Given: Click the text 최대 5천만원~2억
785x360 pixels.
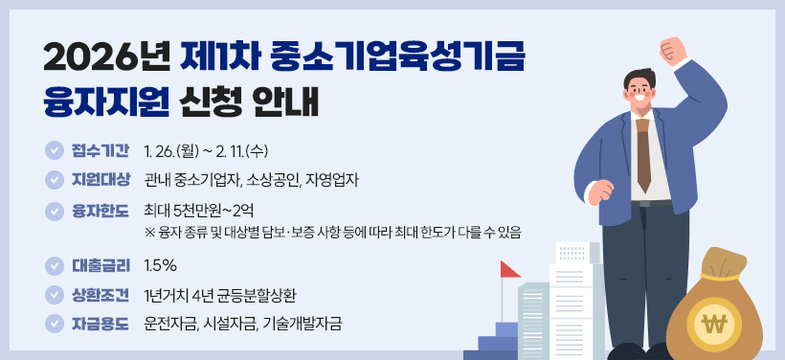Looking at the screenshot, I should point(199,210).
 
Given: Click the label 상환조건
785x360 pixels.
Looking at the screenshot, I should point(101,294).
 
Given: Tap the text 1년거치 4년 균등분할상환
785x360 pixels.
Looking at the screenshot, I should point(226,294).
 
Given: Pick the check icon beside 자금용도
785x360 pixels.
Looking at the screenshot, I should point(54,323).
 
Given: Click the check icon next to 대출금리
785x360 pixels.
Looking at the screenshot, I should point(54,265).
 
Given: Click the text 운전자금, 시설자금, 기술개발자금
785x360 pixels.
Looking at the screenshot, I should point(242,323).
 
